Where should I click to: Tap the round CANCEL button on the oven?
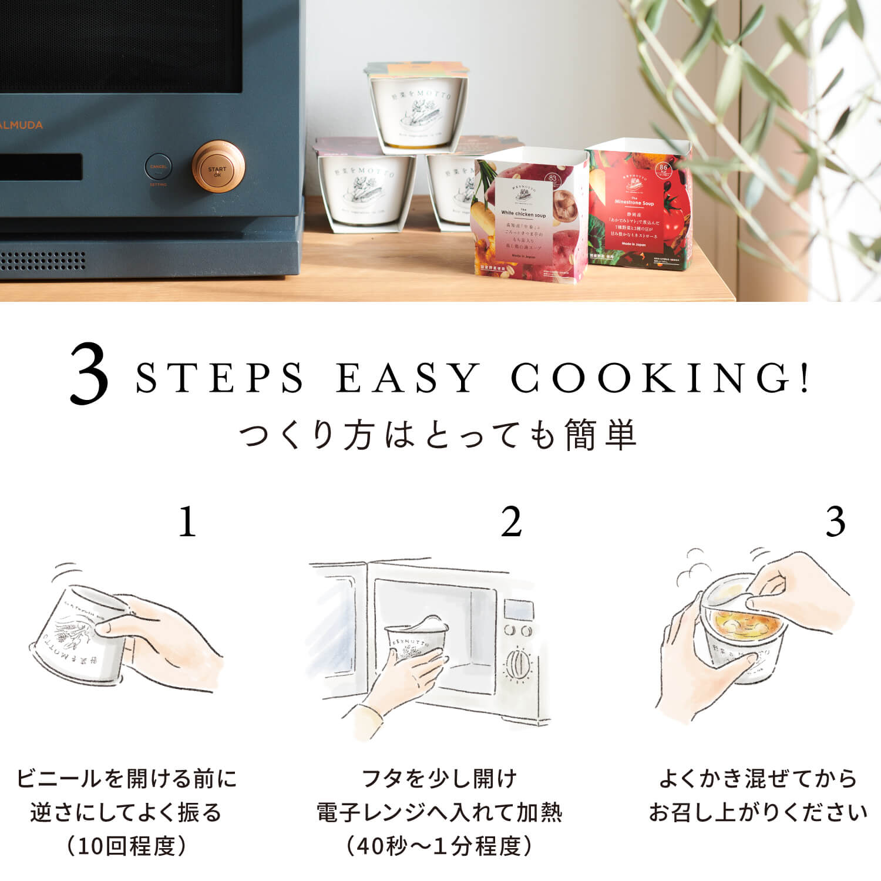[158, 167]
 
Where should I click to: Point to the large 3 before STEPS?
[89, 376]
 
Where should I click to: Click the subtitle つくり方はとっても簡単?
[439, 435]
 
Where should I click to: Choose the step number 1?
[187, 522]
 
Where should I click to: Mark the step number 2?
[511, 522]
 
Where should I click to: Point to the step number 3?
[835, 522]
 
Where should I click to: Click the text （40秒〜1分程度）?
[439, 846]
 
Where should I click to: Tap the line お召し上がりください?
[758, 812]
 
